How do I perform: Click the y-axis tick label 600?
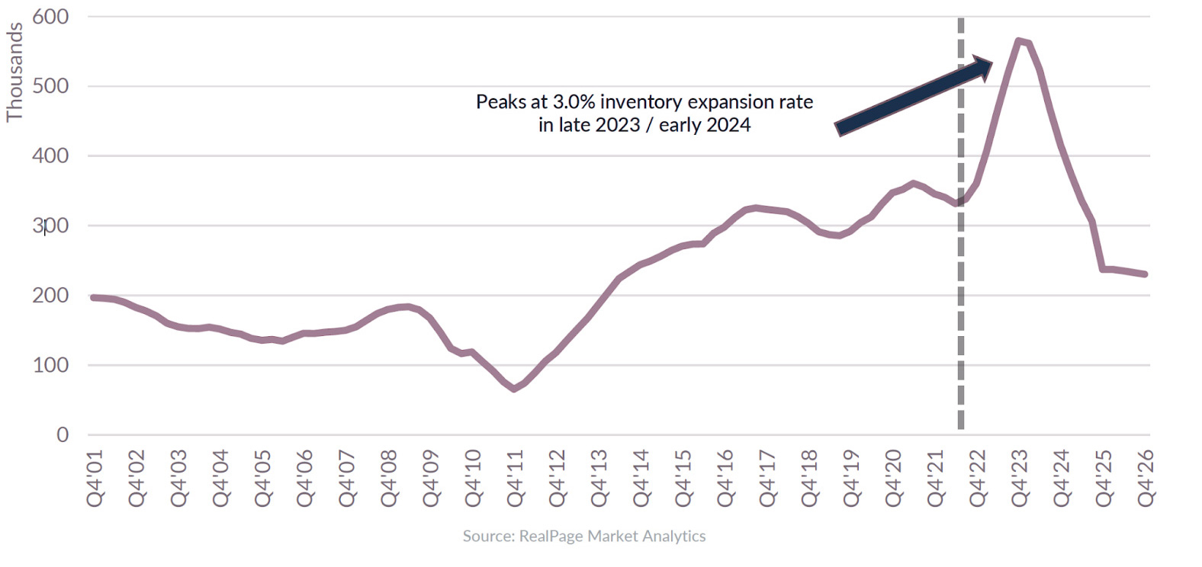(50, 16)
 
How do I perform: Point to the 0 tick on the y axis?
(63, 434)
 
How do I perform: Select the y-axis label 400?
(50, 155)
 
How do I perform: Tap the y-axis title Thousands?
(14, 72)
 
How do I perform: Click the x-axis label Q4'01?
(95, 478)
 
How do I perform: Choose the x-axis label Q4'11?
(516, 478)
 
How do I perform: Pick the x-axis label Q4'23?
(1020, 478)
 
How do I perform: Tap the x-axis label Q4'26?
(1146, 478)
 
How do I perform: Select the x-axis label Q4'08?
(390, 478)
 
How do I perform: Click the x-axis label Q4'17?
(768, 478)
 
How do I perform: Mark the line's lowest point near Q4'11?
(514, 389)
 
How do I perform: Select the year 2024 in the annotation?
(728, 125)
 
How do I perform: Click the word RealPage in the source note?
(551, 536)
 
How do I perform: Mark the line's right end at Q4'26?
(1145, 274)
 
